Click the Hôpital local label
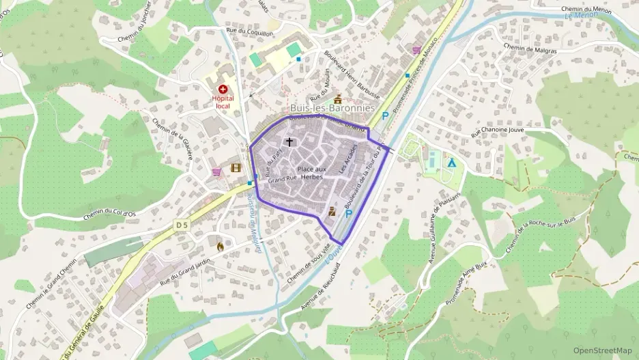click(x=223, y=102)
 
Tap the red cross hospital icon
click(x=223, y=89)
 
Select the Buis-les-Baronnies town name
click(x=332, y=108)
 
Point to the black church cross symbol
click(x=289, y=142)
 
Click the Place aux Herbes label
click(x=312, y=172)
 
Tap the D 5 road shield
click(x=180, y=224)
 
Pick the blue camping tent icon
click(x=451, y=162)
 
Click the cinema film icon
click(x=236, y=167)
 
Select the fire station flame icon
click(x=220, y=246)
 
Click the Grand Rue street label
click(x=283, y=179)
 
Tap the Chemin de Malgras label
click(x=530, y=49)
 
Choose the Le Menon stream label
click(x=581, y=15)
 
